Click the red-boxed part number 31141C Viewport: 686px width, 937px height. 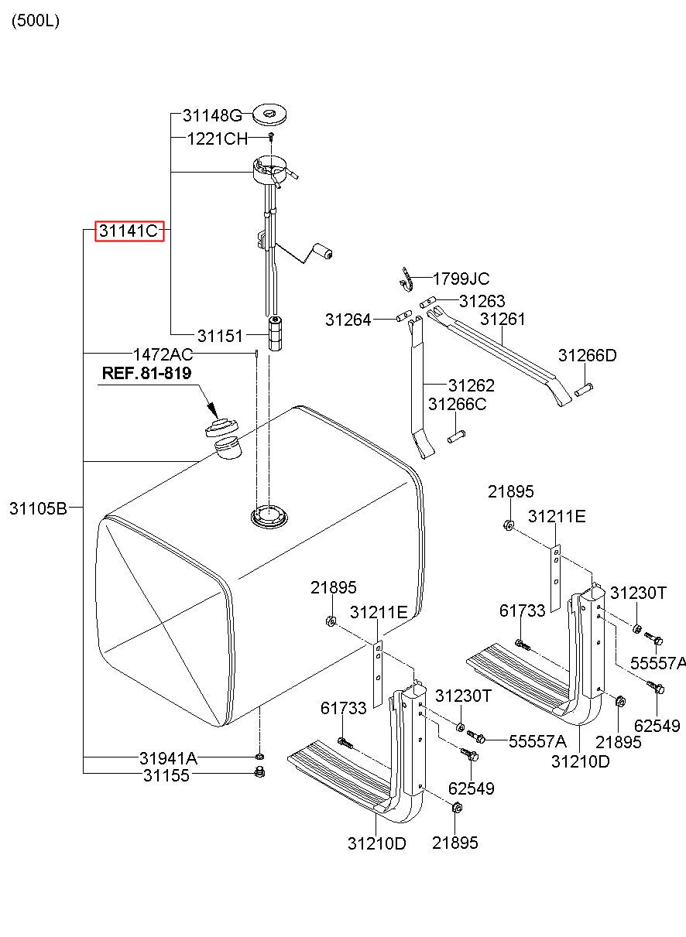pos(129,230)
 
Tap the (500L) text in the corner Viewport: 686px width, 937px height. pos(35,21)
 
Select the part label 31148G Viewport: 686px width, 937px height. pos(212,116)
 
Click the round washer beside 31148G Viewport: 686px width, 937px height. pos(269,115)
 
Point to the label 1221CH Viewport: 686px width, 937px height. pos(217,139)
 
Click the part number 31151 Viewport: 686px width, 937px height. pos(220,336)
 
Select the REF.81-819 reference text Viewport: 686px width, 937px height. pos(146,374)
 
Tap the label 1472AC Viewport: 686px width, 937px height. pos(163,354)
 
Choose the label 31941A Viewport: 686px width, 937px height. pos(168,758)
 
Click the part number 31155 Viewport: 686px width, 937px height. pos(166,775)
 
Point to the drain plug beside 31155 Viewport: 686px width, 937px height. pos(260,771)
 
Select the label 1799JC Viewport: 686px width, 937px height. pos(461,279)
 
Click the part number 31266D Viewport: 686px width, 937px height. pos(587,356)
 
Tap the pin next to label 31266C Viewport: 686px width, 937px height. pos(455,438)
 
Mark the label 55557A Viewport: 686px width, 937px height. pos(657,663)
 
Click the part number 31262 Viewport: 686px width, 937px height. pos(471,385)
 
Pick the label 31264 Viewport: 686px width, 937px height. pos(348,319)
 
